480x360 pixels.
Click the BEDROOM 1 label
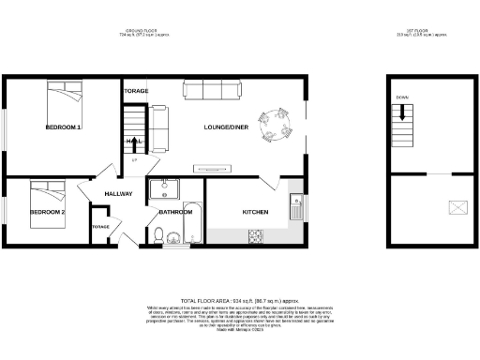[x=65, y=127]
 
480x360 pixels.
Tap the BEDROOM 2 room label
[x=47, y=213]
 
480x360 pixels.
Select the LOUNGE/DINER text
[x=226, y=127]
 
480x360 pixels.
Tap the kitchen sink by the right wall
[x=296, y=205]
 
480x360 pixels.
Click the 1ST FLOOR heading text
[x=430, y=31]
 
